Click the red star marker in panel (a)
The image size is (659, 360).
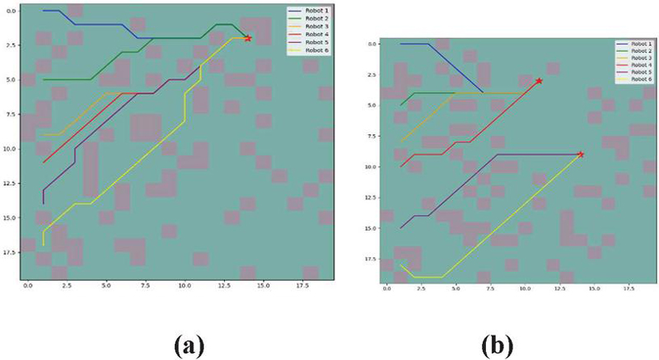(247, 38)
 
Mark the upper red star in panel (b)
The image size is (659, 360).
(539, 81)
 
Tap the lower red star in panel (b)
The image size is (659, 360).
(581, 154)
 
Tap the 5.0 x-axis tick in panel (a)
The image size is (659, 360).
(106, 287)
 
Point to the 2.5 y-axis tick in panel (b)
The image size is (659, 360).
(372, 74)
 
